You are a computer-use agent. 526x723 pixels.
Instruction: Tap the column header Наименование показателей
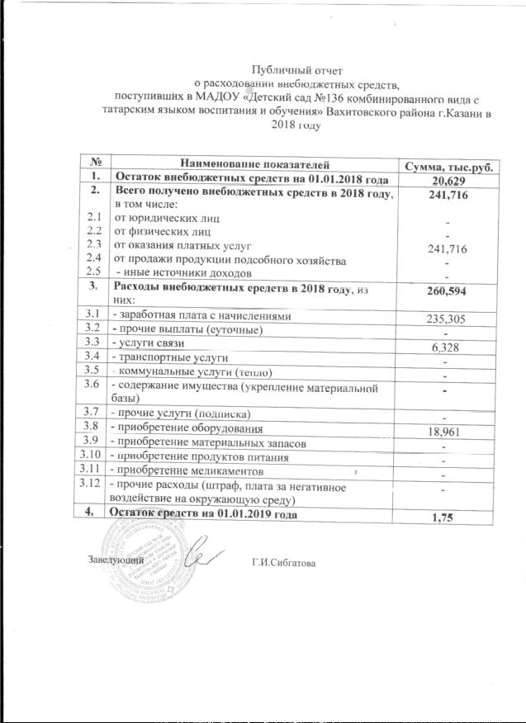tap(253, 166)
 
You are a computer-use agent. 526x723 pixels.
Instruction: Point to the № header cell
tap(96, 165)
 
